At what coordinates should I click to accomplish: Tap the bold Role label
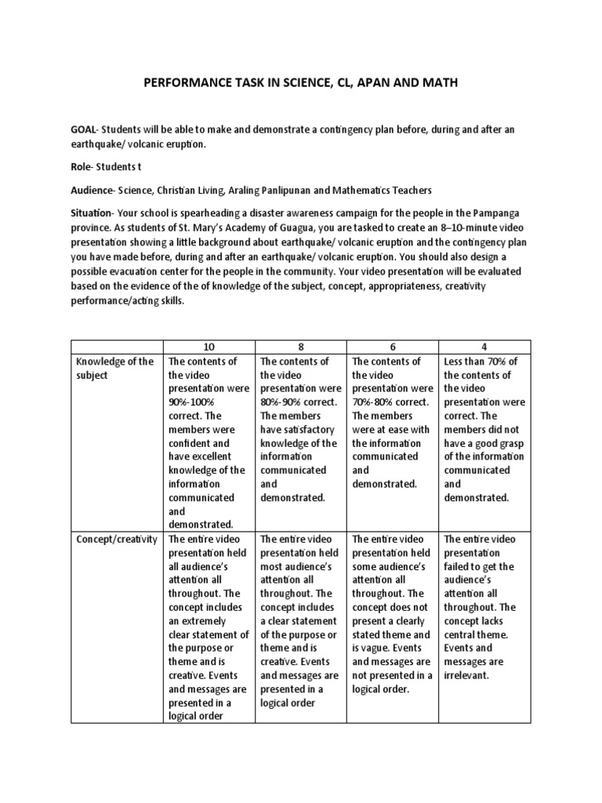(83, 167)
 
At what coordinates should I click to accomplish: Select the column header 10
(209, 347)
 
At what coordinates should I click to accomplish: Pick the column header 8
(301, 347)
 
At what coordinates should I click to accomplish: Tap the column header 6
(393, 347)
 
